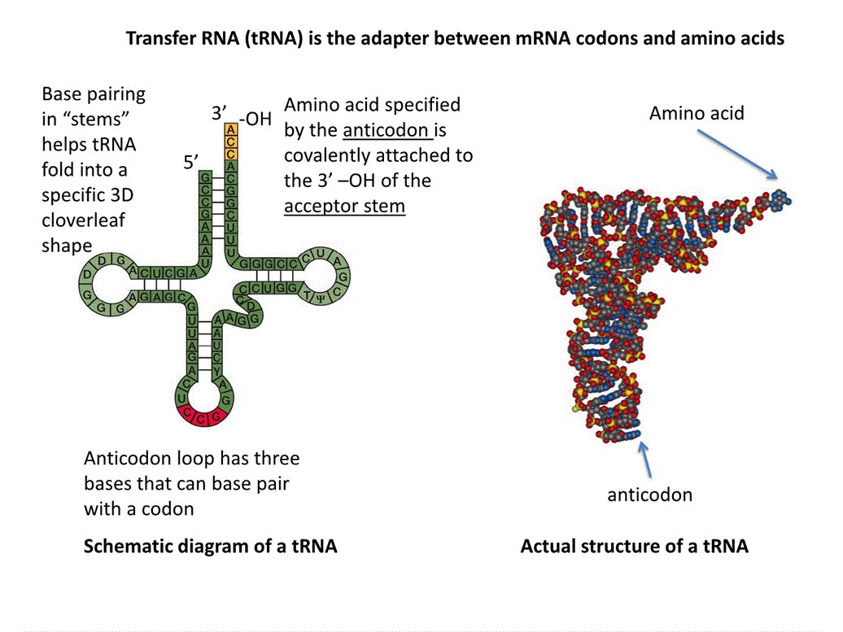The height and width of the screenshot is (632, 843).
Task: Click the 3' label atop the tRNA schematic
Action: click(x=218, y=114)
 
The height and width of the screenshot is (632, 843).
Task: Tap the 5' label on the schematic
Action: click(x=190, y=163)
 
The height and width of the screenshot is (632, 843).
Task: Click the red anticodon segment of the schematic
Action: click(x=202, y=417)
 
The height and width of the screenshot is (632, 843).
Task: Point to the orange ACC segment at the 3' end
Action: click(x=232, y=142)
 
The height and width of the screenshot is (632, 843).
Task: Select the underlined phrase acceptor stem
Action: click(x=344, y=206)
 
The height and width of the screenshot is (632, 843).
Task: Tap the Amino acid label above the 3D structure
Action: click(x=697, y=113)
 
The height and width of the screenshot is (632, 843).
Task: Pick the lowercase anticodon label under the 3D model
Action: click(x=649, y=494)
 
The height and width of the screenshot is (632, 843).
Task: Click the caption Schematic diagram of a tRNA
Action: click(x=210, y=546)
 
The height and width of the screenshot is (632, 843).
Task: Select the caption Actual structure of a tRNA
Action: click(x=634, y=546)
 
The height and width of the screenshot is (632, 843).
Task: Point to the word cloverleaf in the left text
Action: click(x=84, y=220)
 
